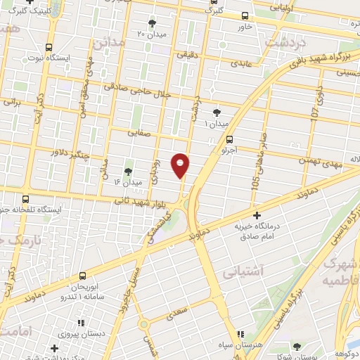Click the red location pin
[181, 165]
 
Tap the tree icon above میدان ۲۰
[153, 24]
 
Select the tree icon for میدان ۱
[217, 112]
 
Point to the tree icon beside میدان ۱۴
[128, 171]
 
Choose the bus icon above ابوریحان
[84, 276]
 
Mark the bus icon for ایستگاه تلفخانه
[25, 199]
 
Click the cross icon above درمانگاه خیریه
[257, 214]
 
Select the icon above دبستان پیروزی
[80, 322]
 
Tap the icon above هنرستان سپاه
[240, 335]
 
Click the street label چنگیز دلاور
[70, 152]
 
